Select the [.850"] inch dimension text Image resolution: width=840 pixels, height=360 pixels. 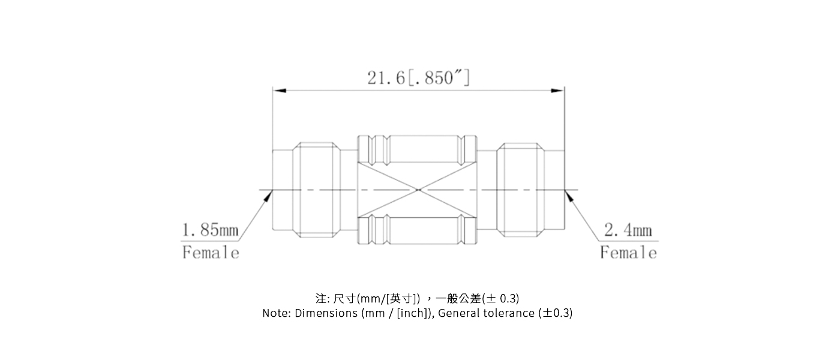pos(439,78)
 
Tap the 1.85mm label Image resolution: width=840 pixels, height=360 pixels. pos(210,230)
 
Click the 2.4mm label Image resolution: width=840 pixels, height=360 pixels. pos(628,230)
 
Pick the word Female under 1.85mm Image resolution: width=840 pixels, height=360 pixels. pos(211,253)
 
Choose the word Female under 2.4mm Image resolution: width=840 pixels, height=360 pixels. pos(628,253)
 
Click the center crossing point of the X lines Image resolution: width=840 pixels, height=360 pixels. pos(418,191)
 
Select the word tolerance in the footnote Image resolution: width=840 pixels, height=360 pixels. pos(509,313)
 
